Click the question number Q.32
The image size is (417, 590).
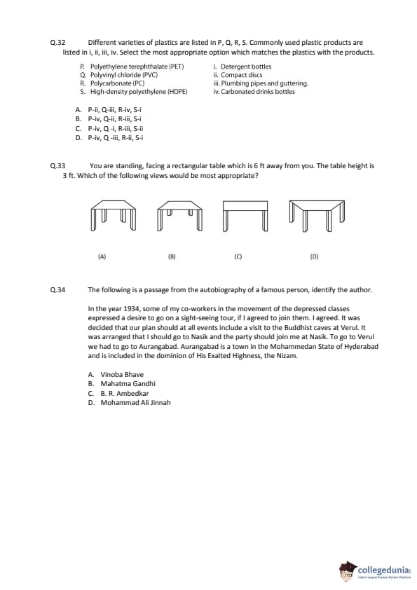[x=57, y=43]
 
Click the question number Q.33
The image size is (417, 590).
[x=57, y=166]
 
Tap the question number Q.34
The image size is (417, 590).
[x=57, y=290]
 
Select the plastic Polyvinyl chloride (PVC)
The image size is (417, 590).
[x=124, y=75]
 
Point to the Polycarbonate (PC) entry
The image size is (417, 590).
[x=118, y=83]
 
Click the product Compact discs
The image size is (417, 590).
[x=242, y=75]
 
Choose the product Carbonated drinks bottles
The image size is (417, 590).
[x=258, y=91]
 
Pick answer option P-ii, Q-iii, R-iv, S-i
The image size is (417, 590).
[x=115, y=110]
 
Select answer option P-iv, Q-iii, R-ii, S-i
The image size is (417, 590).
[x=116, y=138]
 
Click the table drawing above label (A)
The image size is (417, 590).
[x=113, y=215]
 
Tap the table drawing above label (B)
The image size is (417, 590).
[x=179, y=215]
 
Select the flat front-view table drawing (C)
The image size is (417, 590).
[x=245, y=216]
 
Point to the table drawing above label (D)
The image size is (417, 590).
[x=317, y=215]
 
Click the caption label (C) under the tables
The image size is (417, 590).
[x=238, y=256]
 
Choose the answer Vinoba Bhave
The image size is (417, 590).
[x=122, y=374]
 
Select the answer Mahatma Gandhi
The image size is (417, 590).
[x=128, y=384]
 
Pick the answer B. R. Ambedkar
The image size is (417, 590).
[x=125, y=393]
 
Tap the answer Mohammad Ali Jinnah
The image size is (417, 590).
[x=135, y=403]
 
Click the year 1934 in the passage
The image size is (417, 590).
[x=132, y=309]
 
